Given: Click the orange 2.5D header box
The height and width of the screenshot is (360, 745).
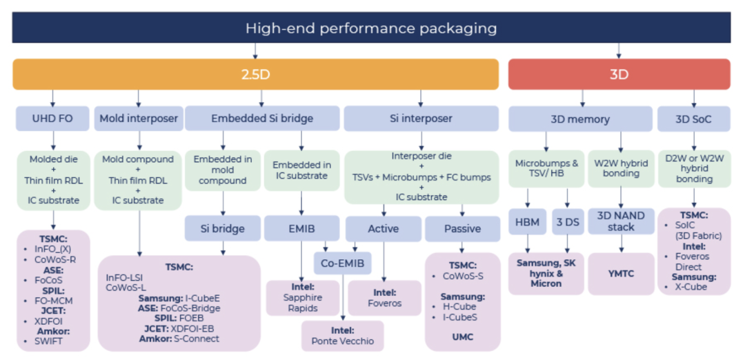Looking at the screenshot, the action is (x=256, y=74).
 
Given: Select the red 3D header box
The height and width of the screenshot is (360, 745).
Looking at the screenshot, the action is (x=619, y=74).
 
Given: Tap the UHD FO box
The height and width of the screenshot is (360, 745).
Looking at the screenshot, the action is (x=52, y=118).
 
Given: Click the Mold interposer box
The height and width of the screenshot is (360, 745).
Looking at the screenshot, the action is (x=138, y=118).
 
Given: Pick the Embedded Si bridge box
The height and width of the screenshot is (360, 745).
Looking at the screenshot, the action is (x=262, y=118).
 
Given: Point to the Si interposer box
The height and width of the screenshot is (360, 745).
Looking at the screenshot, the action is (x=421, y=118).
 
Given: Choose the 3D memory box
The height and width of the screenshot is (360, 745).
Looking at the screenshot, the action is (x=580, y=119).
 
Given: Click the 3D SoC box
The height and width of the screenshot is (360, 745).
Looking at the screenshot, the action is (x=694, y=119).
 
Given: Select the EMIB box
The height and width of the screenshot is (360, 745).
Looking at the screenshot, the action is (x=301, y=228).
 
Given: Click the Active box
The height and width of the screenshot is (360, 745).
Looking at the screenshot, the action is (x=384, y=229).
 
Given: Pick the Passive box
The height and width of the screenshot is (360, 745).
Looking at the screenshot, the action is (x=462, y=229).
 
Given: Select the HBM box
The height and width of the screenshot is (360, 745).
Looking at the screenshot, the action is (x=528, y=222).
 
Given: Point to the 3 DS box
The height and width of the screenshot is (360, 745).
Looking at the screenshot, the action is (x=568, y=222).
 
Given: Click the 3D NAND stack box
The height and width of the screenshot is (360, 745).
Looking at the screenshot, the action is (x=621, y=221).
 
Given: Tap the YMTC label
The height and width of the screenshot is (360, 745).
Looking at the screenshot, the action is (x=621, y=274).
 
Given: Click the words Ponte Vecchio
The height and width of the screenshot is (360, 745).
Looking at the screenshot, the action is (x=343, y=341).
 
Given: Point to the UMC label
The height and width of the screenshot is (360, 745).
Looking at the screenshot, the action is (x=462, y=337).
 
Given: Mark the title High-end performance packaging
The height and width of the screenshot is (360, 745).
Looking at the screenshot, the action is (x=371, y=28).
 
